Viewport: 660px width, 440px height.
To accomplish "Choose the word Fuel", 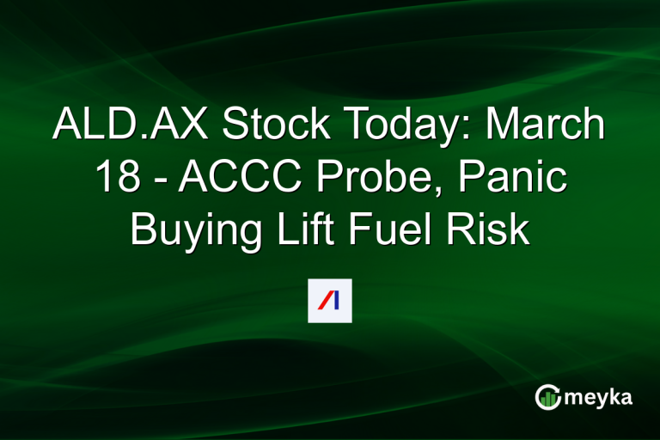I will (x=387, y=232).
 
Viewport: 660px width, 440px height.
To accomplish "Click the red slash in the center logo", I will (x=324, y=301).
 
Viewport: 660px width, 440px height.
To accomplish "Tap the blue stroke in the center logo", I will (x=336, y=301).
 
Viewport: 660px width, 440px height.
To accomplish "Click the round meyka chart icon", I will (x=547, y=397).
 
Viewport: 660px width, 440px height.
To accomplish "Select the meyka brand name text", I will (x=600, y=397).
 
